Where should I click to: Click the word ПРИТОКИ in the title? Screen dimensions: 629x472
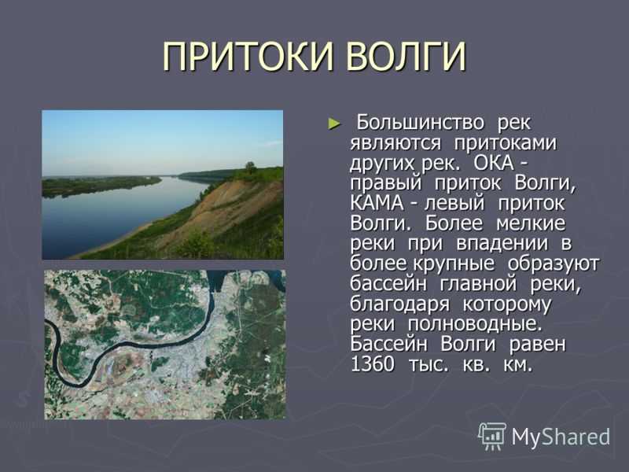pyautogui.click(x=248, y=57)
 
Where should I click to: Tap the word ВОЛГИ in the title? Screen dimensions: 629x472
pyautogui.click(x=406, y=57)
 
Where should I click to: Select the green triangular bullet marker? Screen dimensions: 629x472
pyautogui.click(x=334, y=124)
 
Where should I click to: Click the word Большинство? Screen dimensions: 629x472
pyautogui.click(x=421, y=123)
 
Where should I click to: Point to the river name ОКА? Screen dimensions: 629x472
pyautogui.click(x=494, y=163)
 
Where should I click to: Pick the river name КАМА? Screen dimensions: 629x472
pyautogui.click(x=377, y=203)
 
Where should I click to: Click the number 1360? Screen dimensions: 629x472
pyautogui.click(x=372, y=364)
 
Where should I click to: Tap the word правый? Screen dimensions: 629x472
pyautogui.click(x=386, y=184)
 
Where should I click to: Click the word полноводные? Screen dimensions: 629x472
pyautogui.click(x=475, y=324)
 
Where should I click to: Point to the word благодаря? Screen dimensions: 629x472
pyautogui.click(x=399, y=304)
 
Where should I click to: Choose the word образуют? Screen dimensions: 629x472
pyautogui.click(x=554, y=264)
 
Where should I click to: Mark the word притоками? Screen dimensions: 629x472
pyautogui.click(x=505, y=144)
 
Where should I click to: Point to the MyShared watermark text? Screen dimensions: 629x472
pyautogui.click(x=561, y=437)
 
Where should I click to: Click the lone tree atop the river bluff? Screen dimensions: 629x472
pyautogui.click(x=251, y=167)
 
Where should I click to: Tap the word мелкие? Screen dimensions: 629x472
pyautogui.click(x=530, y=223)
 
